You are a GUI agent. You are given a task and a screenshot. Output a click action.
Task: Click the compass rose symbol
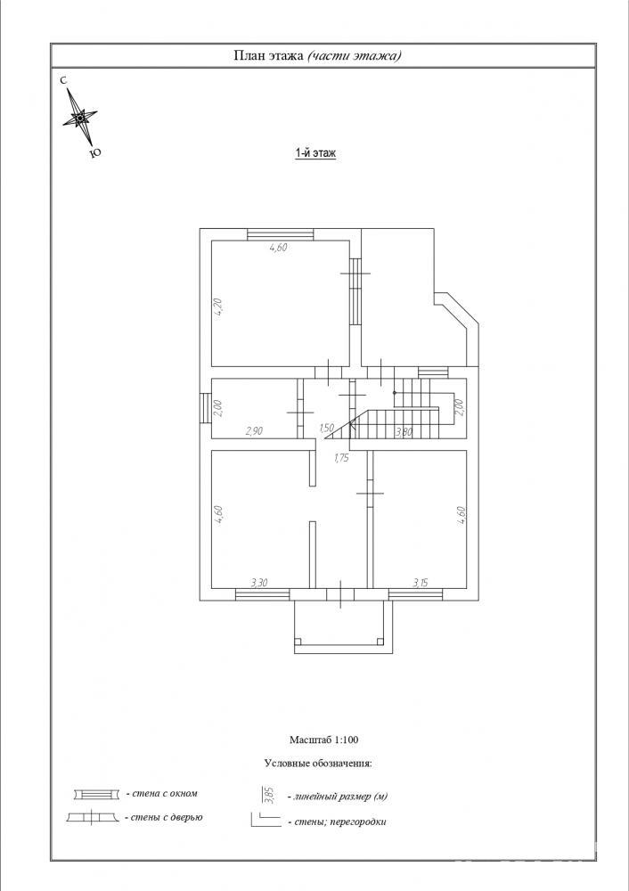click(x=79, y=118)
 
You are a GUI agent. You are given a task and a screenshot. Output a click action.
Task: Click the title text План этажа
click(x=268, y=55)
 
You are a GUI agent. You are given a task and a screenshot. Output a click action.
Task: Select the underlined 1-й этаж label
click(x=315, y=153)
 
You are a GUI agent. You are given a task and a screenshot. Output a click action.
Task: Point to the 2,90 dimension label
click(x=254, y=430)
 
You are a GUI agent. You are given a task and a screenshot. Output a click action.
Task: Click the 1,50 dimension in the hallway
click(x=326, y=429)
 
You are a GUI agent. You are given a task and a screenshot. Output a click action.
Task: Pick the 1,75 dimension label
click(x=341, y=459)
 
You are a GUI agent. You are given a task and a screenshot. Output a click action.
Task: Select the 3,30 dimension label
click(x=259, y=582)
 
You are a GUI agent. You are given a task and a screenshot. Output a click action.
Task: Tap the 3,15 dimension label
click(x=421, y=582)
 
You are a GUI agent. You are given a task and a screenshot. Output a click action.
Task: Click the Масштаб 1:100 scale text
click(x=323, y=740)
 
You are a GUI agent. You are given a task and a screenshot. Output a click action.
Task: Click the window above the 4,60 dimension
click(x=280, y=233)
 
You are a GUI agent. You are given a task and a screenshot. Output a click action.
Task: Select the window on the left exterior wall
click(x=205, y=409)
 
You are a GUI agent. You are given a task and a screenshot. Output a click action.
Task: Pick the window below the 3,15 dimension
click(x=416, y=594)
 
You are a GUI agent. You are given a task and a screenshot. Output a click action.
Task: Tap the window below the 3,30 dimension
click(x=263, y=594)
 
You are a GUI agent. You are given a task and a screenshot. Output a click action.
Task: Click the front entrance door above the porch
click(x=340, y=594)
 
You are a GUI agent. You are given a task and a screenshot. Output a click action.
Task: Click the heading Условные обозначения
click(x=318, y=764)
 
